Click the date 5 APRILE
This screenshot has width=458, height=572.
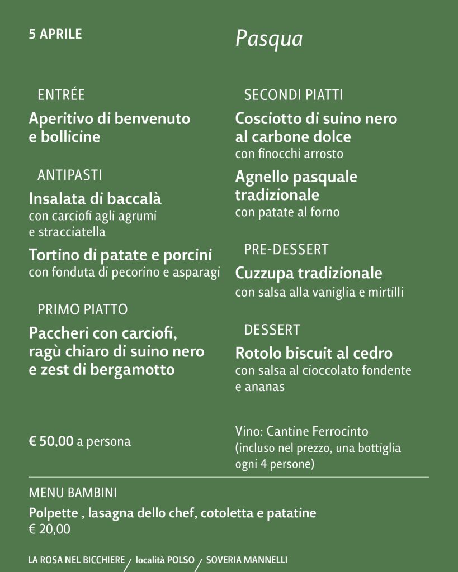[x=55, y=34]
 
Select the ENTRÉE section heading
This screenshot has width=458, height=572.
[x=61, y=95]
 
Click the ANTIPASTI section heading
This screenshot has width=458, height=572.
[x=70, y=175]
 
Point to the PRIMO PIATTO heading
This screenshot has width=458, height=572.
[x=83, y=309]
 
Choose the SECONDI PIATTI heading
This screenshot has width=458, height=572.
[x=294, y=95]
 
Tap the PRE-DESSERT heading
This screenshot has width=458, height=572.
[x=286, y=249]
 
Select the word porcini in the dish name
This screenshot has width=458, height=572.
[x=188, y=255]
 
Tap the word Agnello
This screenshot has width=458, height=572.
[x=259, y=177]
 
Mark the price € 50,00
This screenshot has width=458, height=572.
[x=51, y=442]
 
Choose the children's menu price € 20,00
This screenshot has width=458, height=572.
[x=50, y=529]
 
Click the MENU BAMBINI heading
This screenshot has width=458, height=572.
[x=73, y=493]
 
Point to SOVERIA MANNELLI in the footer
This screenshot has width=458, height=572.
[x=247, y=560]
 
